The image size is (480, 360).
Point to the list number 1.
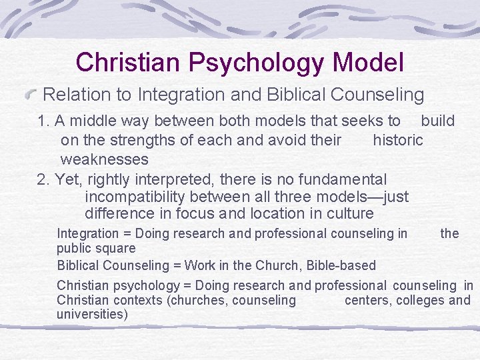pyautogui.click(x=44, y=121)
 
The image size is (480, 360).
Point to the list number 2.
pyautogui.click(x=44, y=179)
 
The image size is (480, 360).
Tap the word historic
pyautogui.click(x=398, y=140)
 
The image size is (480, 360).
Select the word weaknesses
pyautogui.click(x=104, y=159)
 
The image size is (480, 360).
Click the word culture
pyautogui.click(x=351, y=214)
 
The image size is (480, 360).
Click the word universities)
pyautogui.click(x=92, y=314)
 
